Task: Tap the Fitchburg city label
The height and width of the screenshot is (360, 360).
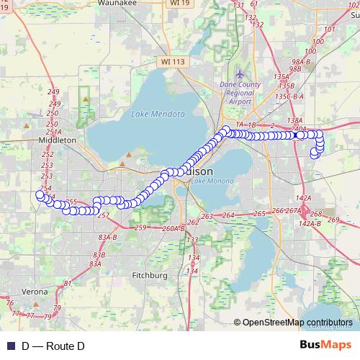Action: (x=150, y=275)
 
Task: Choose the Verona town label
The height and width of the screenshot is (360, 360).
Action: (x=35, y=292)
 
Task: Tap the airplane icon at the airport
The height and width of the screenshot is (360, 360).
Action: (x=240, y=74)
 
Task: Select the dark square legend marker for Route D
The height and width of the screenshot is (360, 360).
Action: (x=11, y=346)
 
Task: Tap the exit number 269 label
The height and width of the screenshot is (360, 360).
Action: (x=333, y=220)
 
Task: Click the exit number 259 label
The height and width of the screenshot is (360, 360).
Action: (x=140, y=228)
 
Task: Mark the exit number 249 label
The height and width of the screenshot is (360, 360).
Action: (x=53, y=91)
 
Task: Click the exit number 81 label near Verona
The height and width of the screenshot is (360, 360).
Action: (x=67, y=284)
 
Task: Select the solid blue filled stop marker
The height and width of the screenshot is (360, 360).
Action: (x=299, y=135)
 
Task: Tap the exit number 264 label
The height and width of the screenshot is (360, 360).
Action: (x=229, y=215)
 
